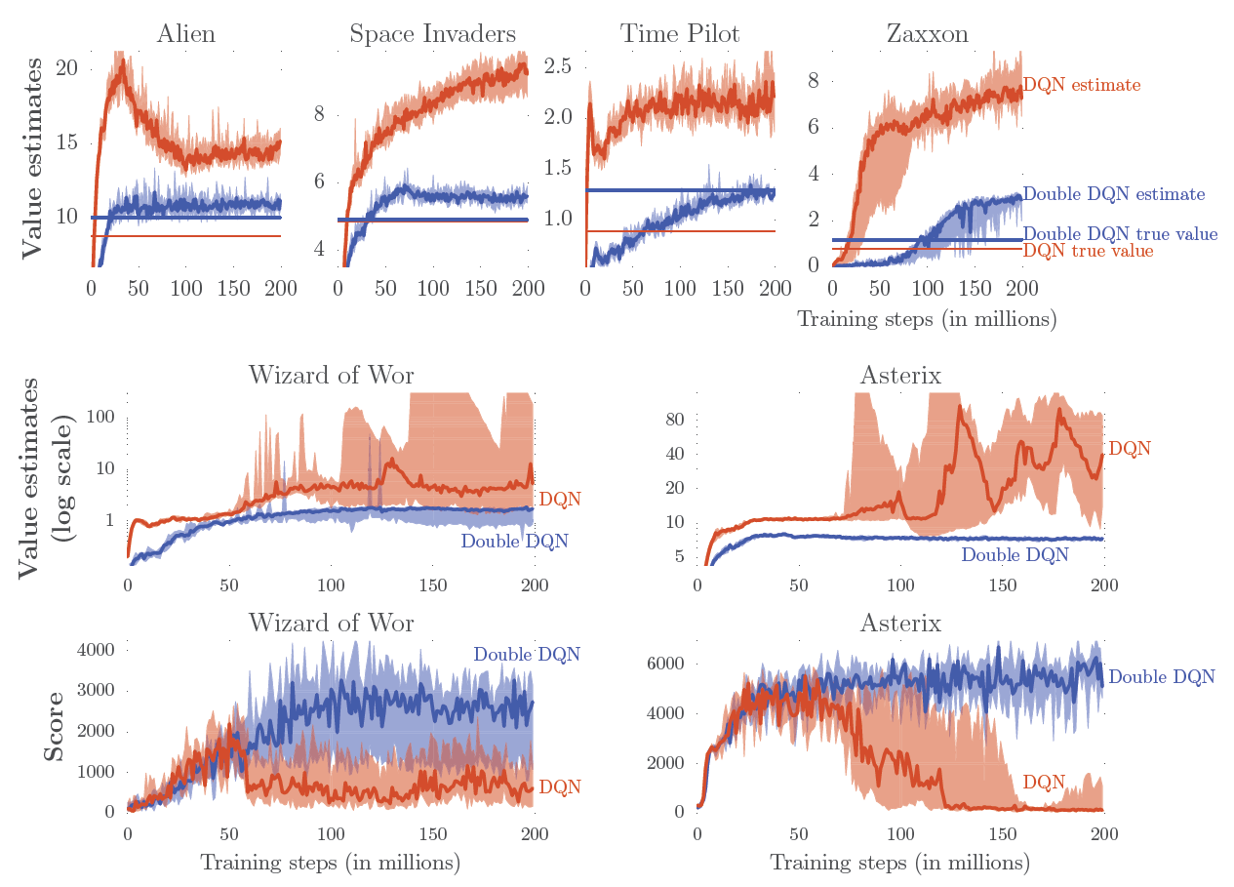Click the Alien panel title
pyautogui.click(x=185, y=35)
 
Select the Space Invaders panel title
pyautogui.click(x=432, y=35)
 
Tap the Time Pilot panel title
pyautogui.click(x=680, y=35)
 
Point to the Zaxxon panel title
pyautogui.click(x=927, y=35)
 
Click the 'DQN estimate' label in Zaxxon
pyautogui.click(x=1081, y=85)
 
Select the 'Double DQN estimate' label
pyautogui.click(x=1114, y=195)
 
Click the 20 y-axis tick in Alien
pyautogui.click(x=68, y=68)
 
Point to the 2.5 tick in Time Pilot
pyautogui.click(x=559, y=66)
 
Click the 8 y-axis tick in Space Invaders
pyautogui.click(x=319, y=114)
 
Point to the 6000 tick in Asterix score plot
pyautogui.click(x=665, y=664)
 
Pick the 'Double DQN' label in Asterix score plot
pyautogui.click(x=1162, y=676)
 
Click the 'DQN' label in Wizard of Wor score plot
pyautogui.click(x=560, y=786)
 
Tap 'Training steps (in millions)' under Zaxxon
pyautogui.click(x=927, y=319)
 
